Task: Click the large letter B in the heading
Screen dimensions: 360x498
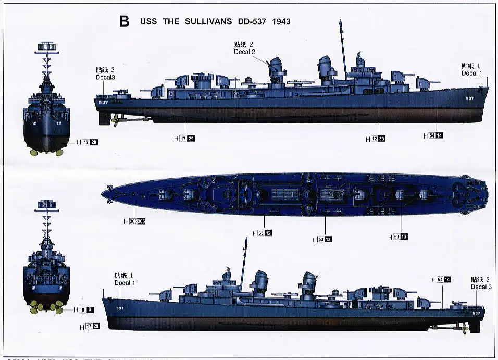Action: click(124, 21)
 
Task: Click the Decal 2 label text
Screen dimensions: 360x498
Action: click(244, 52)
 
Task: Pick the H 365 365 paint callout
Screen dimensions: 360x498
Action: click(134, 221)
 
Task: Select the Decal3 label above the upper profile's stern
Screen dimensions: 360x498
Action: click(105, 77)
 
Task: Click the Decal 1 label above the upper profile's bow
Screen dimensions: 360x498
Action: click(471, 73)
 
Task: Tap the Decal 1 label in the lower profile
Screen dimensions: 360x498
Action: click(125, 283)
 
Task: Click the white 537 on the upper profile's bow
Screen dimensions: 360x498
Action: click(470, 98)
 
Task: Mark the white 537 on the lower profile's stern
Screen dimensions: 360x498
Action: click(476, 313)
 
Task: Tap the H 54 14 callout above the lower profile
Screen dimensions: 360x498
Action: click(441, 280)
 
